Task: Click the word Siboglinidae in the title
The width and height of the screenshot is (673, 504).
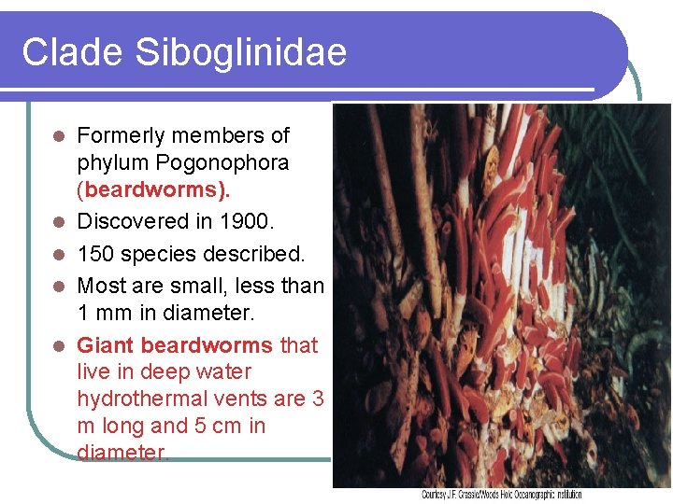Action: (241, 51)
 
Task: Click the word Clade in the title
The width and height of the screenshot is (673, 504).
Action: (73, 51)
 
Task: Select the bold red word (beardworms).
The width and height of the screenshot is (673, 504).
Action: (154, 190)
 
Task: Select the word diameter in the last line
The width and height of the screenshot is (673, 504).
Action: (122, 453)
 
